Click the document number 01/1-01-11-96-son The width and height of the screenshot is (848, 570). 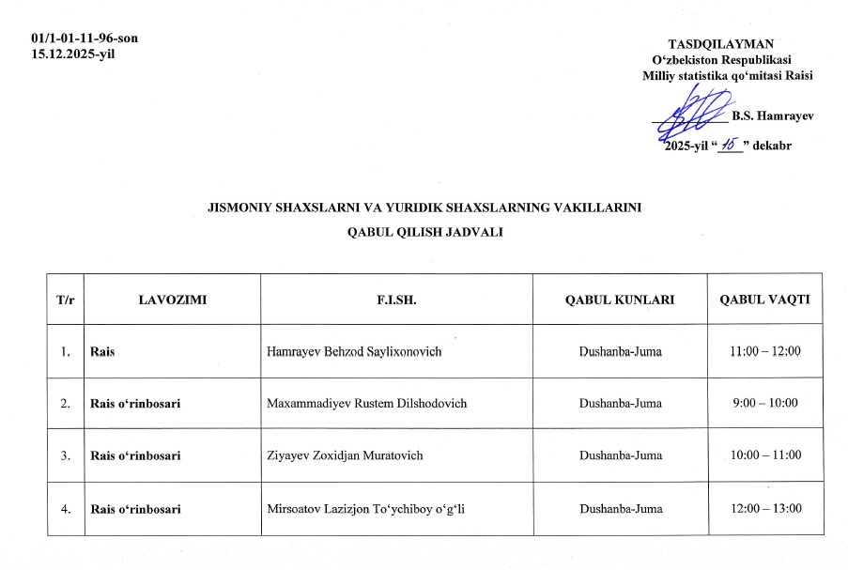point(85,39)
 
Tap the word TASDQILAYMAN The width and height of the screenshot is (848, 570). point(720,44)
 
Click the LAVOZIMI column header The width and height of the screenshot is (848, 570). point(172,300)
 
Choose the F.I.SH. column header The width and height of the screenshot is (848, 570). point(395,300)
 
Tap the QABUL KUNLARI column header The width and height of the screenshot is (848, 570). point(620,300)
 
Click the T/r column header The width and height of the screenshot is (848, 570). point(66,300)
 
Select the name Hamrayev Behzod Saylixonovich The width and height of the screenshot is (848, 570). point(354,351)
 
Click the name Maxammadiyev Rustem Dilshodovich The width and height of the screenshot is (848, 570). point(366,404)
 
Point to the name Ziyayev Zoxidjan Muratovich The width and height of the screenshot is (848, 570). point(345,455)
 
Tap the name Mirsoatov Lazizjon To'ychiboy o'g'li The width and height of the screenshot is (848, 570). point(366,509)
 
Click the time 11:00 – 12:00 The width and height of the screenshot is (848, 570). point(765,351)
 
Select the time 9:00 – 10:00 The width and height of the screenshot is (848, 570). point(765,404)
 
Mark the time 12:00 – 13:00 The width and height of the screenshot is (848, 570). point(765,509)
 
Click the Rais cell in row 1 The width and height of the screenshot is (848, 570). point(101,351)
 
